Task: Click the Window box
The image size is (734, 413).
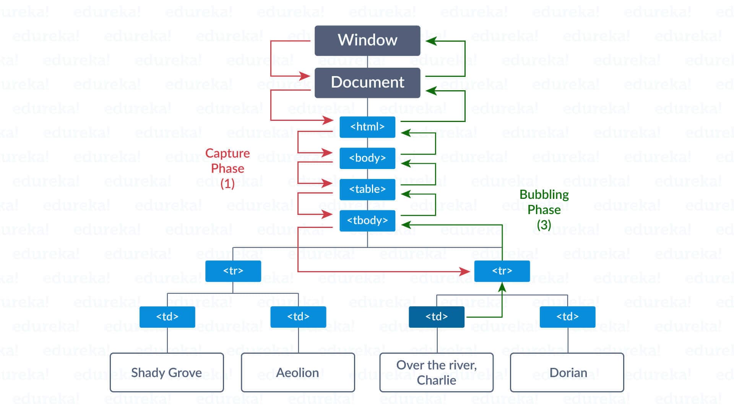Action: point(367,41)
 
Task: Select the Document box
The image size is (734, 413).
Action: point(367,83)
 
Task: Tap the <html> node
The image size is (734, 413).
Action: point(367,127)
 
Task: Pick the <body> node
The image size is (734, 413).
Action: point(367,158)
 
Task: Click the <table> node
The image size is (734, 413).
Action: point(367,189)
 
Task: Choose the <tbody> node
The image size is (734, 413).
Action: point(367,221)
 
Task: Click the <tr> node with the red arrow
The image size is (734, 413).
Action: point(502,271)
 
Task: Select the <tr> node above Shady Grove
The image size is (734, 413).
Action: point(233,271)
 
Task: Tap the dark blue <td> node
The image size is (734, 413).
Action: point(437,317)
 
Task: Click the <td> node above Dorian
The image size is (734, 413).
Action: point(567,317)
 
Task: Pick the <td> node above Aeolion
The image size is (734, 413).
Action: point(298,317)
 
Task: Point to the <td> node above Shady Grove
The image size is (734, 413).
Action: point(167,317)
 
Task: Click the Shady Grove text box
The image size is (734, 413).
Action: point(167,372)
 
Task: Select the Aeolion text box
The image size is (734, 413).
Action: point(298,372)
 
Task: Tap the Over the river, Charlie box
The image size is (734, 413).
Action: point(436,372)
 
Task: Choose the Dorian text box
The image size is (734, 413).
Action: point(567,372)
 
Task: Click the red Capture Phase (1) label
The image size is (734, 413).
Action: point(227,169)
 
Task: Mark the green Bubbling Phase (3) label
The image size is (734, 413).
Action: point(544,210)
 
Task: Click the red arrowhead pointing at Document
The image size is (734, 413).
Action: point(305,76)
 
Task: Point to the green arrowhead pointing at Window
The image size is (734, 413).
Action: point(431,41)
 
